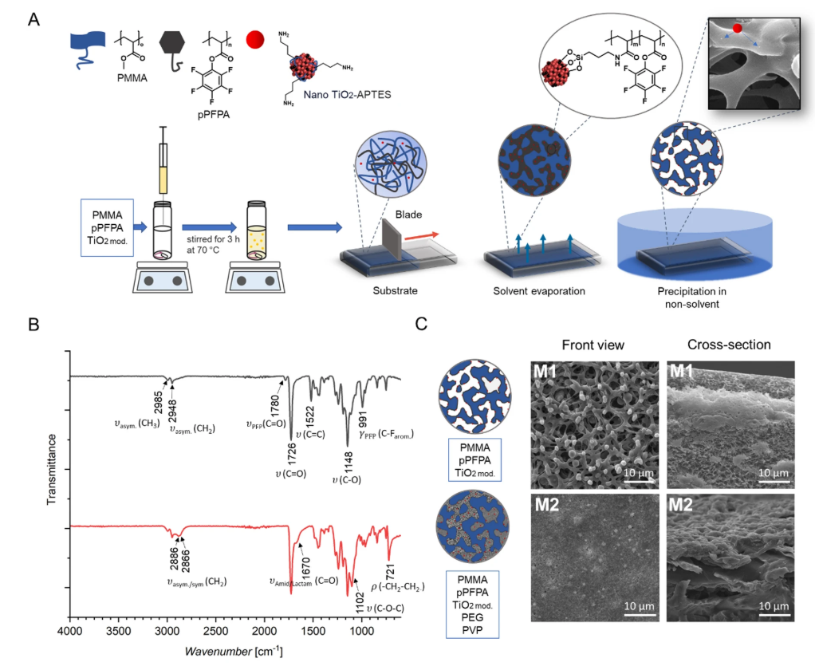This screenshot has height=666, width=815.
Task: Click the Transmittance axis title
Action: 53,471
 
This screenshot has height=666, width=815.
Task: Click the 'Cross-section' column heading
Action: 730,345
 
